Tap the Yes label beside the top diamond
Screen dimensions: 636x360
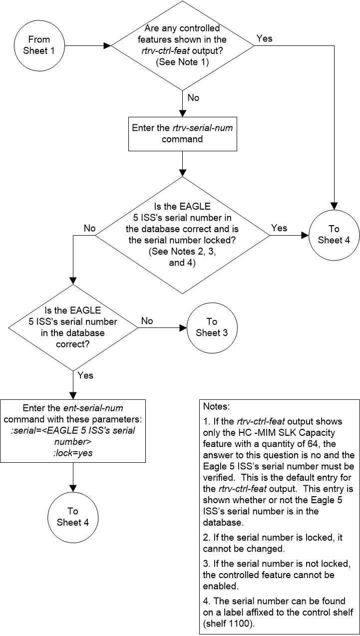(x=265, y=38)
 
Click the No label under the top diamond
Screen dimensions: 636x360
(x=193, y=98)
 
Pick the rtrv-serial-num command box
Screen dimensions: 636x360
(x=182, y=133)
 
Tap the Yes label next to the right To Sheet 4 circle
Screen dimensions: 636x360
(x=279, y=228)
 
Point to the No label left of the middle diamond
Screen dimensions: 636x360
(x=89, y=228)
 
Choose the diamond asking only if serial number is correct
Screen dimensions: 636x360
(x=74, y=328)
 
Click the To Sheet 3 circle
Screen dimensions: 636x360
(x=212, y=328)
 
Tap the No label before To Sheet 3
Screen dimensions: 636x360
(x=147, y=321)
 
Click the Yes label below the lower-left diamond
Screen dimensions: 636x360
(x=85, y=375)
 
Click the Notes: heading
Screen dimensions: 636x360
(x=215, y=407)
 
